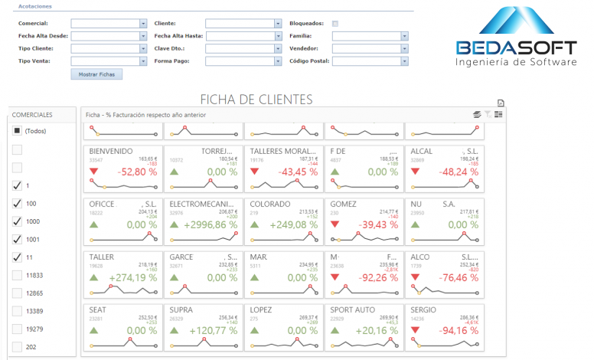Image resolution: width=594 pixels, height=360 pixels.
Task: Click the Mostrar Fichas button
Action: click(96, 74)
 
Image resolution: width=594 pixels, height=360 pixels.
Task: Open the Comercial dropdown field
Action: click(109, 24)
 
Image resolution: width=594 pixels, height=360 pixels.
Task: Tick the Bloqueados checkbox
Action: click(335, 24)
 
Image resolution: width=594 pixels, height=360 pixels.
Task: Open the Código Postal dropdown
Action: click(370, 60)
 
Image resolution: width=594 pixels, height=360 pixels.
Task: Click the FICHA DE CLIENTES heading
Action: click(256, 100)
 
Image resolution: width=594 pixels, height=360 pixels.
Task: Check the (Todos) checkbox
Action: click(18, 132)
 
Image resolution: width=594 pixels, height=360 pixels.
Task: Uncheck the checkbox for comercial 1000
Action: click(18, 221)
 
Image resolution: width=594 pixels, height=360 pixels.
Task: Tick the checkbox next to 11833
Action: click(18, 275)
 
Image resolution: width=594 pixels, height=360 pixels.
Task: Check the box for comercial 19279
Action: click(18, 329)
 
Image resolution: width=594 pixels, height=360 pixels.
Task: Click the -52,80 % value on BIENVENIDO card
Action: click(137, 172)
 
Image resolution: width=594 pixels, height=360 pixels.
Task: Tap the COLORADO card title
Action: click(269, 205)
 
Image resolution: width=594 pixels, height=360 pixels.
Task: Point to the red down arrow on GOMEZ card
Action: click(334, 224)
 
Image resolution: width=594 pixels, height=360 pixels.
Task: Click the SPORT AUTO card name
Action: click(352, 310)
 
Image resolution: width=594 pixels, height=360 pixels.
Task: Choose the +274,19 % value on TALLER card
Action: click(133, 277)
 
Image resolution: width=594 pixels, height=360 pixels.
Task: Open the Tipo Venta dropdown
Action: click(109, 60)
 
